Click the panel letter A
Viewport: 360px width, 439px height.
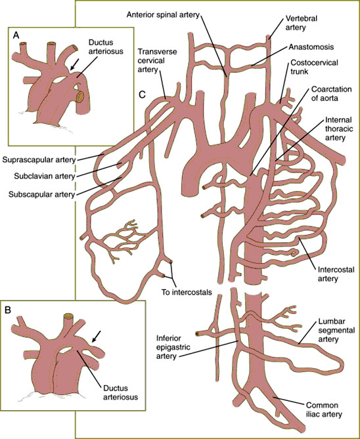16,35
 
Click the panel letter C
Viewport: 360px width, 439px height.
143,94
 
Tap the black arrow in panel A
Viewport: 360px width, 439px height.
74,64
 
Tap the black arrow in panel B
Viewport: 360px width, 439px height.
96,336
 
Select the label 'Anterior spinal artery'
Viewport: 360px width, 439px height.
163,14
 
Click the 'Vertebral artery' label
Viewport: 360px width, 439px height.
302,23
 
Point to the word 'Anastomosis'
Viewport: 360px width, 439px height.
311,47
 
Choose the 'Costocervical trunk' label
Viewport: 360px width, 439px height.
314,67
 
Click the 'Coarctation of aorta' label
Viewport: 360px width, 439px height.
331,94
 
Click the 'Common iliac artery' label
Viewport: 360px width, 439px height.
324,409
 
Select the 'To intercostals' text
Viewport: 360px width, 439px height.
187,292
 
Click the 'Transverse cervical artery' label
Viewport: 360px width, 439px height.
157,60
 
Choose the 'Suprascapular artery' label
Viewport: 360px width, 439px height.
39,160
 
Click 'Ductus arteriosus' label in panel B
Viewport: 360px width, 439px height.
121,392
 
